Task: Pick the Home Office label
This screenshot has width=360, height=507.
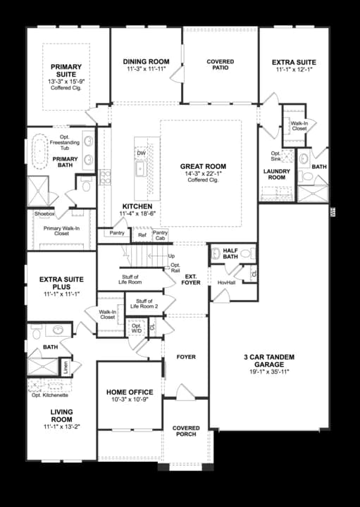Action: [130, 392]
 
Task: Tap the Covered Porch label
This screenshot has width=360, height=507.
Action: [186, 432]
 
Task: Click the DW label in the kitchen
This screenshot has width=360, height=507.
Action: [141, 153]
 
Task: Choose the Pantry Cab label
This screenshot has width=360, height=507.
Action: [161, 235]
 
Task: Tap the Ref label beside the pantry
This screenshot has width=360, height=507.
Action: [142, 235]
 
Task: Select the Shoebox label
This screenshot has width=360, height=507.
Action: [44, 213]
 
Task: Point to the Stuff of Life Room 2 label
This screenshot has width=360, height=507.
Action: [144, 303]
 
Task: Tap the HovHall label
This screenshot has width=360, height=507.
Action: [226, 282]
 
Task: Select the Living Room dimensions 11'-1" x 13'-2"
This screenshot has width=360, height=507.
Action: [61, 426]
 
